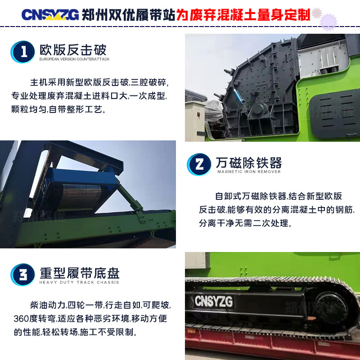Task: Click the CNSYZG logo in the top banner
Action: click(x=50, y=15)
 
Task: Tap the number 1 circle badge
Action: click(x=23, y=52)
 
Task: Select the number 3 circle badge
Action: click(x=23, y=274)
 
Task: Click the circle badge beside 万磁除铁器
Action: click(x=199, y=164)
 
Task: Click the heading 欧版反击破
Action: click(x=73, y=50)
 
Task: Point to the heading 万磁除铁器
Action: click(x=249, y=162)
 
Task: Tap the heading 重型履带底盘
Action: click(x=80, y=273)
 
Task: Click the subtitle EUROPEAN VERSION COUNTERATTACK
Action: click(x=74, y=59)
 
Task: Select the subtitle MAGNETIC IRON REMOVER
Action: click(x=249, y=171)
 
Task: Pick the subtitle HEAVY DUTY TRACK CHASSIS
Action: click(x=79, y=282)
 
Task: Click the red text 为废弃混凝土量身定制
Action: click(x=243, y=15)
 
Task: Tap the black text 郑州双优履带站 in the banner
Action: click(x=129, y=15)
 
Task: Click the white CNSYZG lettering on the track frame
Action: click(x=213, y=301)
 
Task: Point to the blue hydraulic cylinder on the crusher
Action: click(x=239, y=96)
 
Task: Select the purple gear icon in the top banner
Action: click(x=328, y=22)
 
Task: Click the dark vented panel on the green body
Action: click(x=334, y=114)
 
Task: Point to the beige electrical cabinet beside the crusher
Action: click(x=195, y=121)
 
